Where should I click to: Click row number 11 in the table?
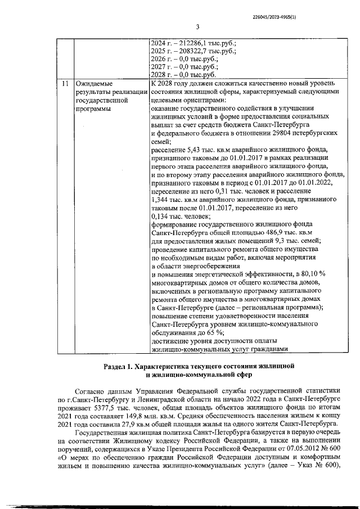[66, 83]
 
